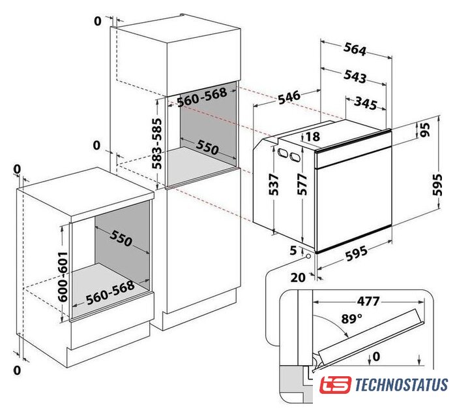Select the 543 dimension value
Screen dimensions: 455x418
tap(355, 76)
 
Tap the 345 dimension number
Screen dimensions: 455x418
tap(366, 103)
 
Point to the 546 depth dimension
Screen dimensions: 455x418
tap(289, 98)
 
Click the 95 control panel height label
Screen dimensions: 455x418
tap(425, 129)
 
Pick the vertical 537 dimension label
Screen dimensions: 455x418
tap(274, 185)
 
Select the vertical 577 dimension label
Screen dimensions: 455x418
tap(302, 184)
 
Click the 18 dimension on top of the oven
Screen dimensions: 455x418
tap(312, 137)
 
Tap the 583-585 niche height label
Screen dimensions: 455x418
tap(157, 144)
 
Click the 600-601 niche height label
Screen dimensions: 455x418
tap(63, 276)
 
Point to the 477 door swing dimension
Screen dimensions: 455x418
tap(368, 301)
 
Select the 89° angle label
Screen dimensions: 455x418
tap(352, 319)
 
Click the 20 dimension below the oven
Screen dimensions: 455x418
tap(298, 278)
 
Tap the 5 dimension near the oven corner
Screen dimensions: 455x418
tap(293, 250)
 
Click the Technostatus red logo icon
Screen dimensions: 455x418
tap(335, 385)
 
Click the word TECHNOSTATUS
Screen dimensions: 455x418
tap(402, 385)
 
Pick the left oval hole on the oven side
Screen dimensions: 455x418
tap(282, 152)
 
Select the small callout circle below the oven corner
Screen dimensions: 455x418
tap(307, 257)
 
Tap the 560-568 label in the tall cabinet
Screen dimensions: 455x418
tap(202, 97)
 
